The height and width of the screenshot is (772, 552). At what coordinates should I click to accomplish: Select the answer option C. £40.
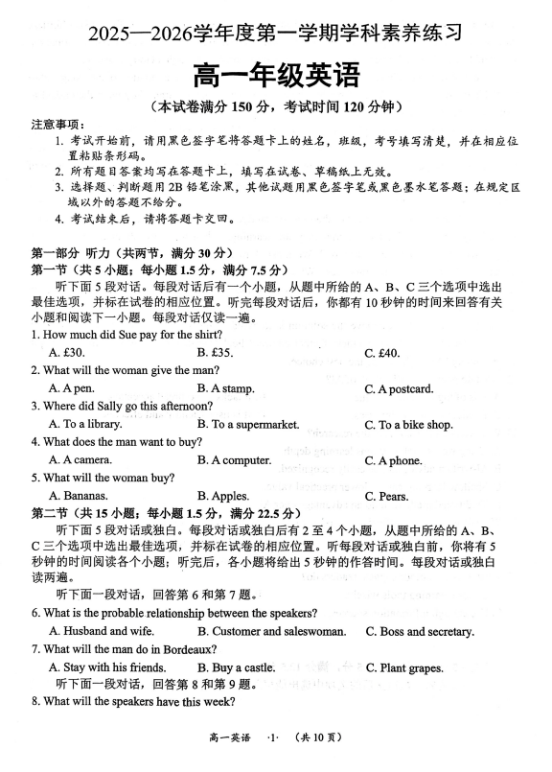point(382,353)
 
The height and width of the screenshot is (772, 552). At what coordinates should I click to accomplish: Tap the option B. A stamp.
point(226,388)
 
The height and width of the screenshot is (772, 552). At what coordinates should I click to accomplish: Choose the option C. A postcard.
point(399,388)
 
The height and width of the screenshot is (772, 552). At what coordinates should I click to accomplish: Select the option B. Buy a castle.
point(236,667)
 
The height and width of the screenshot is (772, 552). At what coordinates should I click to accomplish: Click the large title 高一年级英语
point(277,73)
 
